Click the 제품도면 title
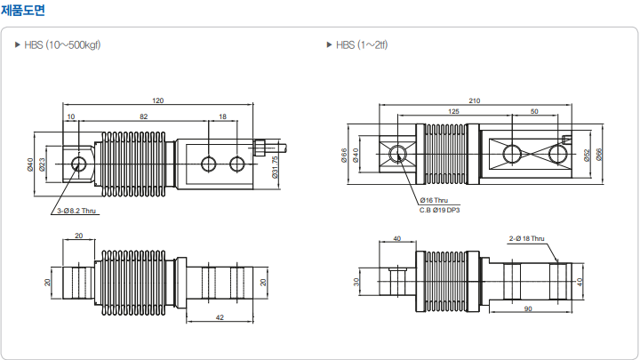tap(23, 10)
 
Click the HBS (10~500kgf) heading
tap(62, 45)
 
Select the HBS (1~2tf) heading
tap(362, 45)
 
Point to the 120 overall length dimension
tap(158, 100)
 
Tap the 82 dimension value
tap(144, 116)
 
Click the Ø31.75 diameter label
tap(275, 167)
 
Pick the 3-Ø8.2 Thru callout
tap(76, 211)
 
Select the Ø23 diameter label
tap(42, 164)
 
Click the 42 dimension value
tap(220, 317)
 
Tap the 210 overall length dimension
tap(475, 100)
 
